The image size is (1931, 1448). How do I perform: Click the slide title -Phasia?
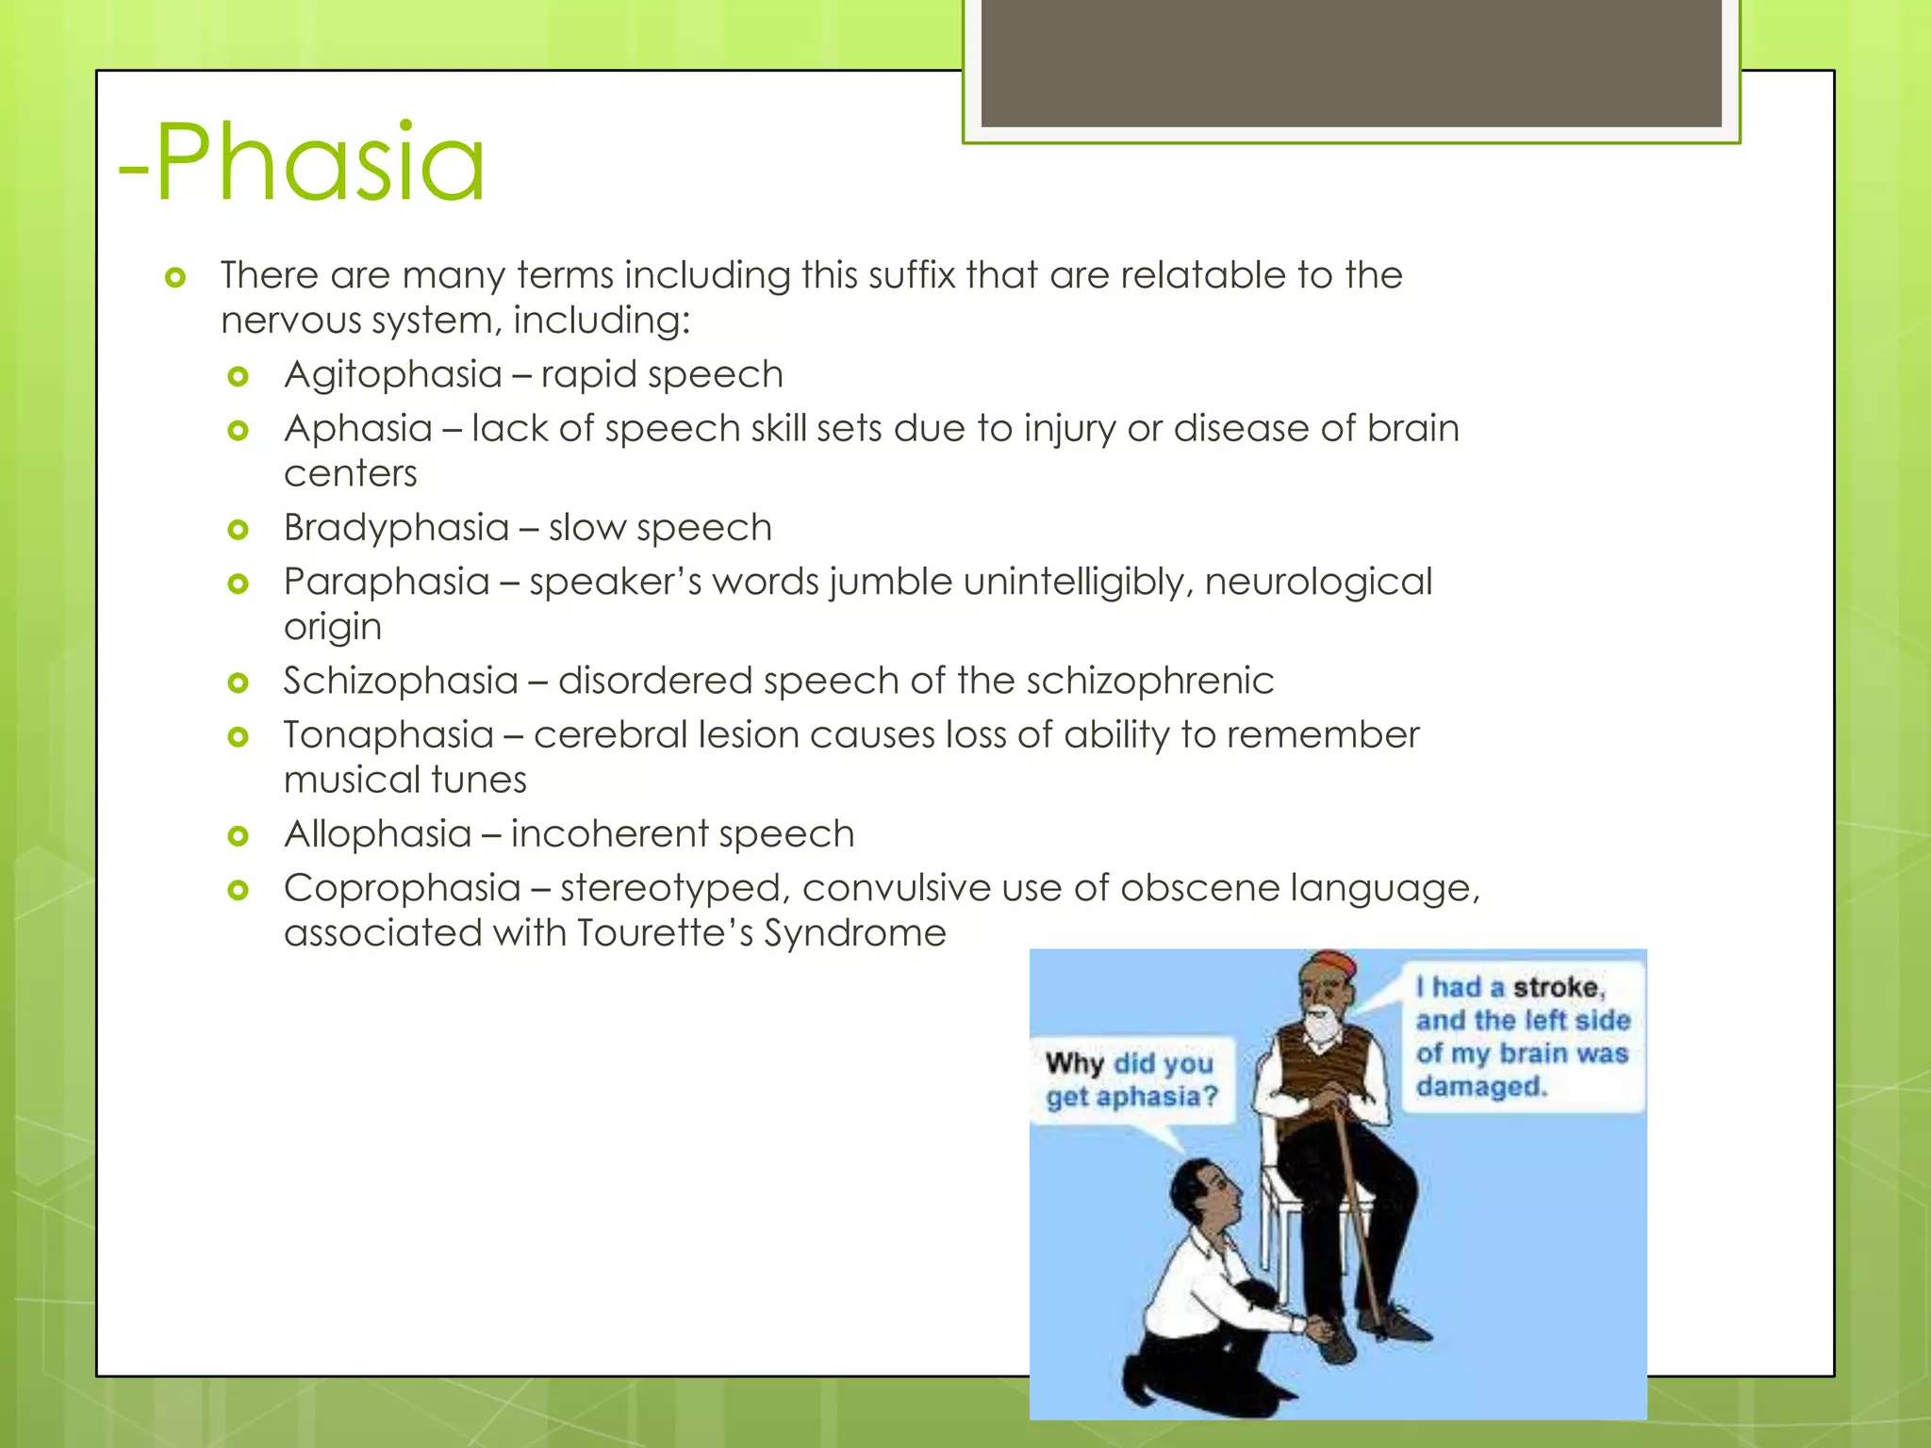point(302,164)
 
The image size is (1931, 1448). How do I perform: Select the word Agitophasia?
point(392,375)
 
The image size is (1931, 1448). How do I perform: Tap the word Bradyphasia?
point(396,528)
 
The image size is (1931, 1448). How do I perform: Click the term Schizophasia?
point(401,682)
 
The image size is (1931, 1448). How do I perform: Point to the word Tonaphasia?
point(388,735)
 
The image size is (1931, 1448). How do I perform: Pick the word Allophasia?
point(377,834)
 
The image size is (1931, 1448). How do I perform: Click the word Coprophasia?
point(402,889)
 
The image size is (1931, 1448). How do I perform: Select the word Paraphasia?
point(387,583)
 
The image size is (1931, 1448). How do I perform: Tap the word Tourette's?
point(665,933)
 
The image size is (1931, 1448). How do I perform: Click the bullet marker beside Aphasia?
point(238,431)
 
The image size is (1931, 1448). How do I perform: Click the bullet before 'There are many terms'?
point(174,277)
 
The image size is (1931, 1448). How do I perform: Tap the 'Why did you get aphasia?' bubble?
point(1131,1080)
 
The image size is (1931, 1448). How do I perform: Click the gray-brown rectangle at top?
point(1350,62)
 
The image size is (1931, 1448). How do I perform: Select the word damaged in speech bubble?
point(1481,1087)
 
